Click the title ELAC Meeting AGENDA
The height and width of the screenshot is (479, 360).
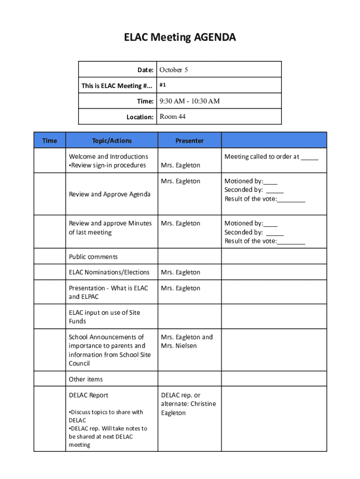[x=180, y=37]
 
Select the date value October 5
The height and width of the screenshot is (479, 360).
[x=173, y=70]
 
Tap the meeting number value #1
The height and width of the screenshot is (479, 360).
[x=163, y=86]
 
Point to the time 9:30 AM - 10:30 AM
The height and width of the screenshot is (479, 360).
[x=189, y=101]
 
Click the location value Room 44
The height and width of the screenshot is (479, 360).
[x=173, y=116]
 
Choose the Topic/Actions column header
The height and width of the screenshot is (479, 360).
[x=112, y=140]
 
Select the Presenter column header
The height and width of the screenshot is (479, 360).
[x=189, y=140]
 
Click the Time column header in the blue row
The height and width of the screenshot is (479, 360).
[x=50, y=140]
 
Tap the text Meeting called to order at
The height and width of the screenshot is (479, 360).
[x=262, y=157]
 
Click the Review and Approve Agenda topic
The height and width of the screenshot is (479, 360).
[x=109, y=194]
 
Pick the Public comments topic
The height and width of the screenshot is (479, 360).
[x=93, y=256]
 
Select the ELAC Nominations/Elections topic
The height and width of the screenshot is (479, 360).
[x=109, y=272]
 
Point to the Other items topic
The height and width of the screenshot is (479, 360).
[x=86, y=379]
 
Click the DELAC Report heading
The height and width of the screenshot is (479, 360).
[x=88, y=395]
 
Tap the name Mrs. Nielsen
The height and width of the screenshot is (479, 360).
[x=179, y=346]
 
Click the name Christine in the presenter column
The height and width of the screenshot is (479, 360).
[x=202, y=404]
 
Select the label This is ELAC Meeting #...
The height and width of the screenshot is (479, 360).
[x=117, y=86]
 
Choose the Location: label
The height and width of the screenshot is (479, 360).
[x=140, y=117]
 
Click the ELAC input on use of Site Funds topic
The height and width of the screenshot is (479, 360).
[x=104, y=317]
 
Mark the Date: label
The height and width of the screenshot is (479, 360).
[x=145, y=70]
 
